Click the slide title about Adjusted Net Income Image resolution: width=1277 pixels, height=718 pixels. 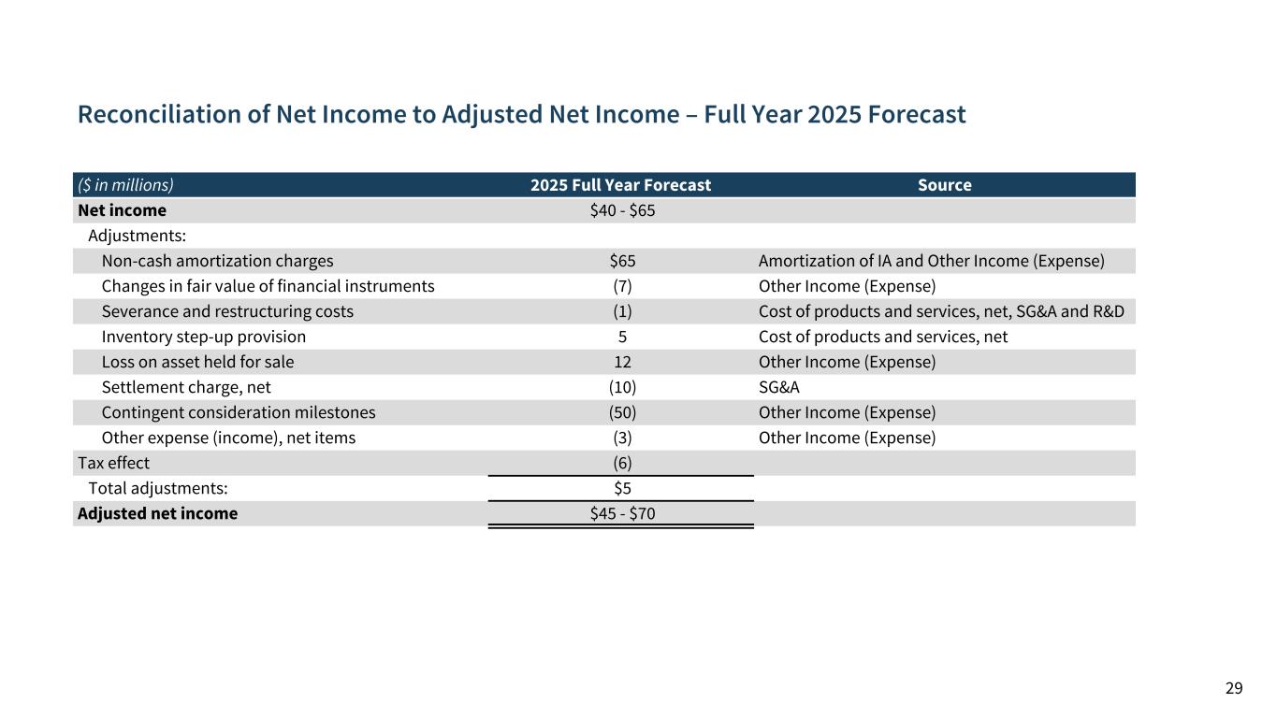521,115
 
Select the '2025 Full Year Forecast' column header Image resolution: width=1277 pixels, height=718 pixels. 620,185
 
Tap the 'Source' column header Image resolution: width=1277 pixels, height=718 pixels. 944,185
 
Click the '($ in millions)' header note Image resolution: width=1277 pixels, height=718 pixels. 125,185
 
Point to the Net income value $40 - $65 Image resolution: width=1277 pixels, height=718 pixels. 622,210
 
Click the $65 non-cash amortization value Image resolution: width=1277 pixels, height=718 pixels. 622,261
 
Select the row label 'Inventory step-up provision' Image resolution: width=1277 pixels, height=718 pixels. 203,337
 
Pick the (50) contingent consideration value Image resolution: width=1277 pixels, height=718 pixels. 622,412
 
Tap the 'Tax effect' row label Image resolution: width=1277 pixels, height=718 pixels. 113,463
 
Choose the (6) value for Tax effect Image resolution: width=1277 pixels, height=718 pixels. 622,463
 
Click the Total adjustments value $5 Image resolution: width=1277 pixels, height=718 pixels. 622,488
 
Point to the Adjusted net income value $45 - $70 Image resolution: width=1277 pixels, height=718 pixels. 622,513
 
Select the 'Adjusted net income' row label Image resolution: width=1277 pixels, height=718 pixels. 157,513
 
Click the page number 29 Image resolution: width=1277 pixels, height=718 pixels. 1234,689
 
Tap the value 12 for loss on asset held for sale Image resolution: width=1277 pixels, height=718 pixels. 622,362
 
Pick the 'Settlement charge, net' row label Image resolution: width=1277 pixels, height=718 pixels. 186,387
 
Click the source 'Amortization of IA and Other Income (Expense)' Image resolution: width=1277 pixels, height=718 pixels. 931,261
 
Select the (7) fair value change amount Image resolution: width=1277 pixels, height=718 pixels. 622,286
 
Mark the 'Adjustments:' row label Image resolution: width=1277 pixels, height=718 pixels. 137,236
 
